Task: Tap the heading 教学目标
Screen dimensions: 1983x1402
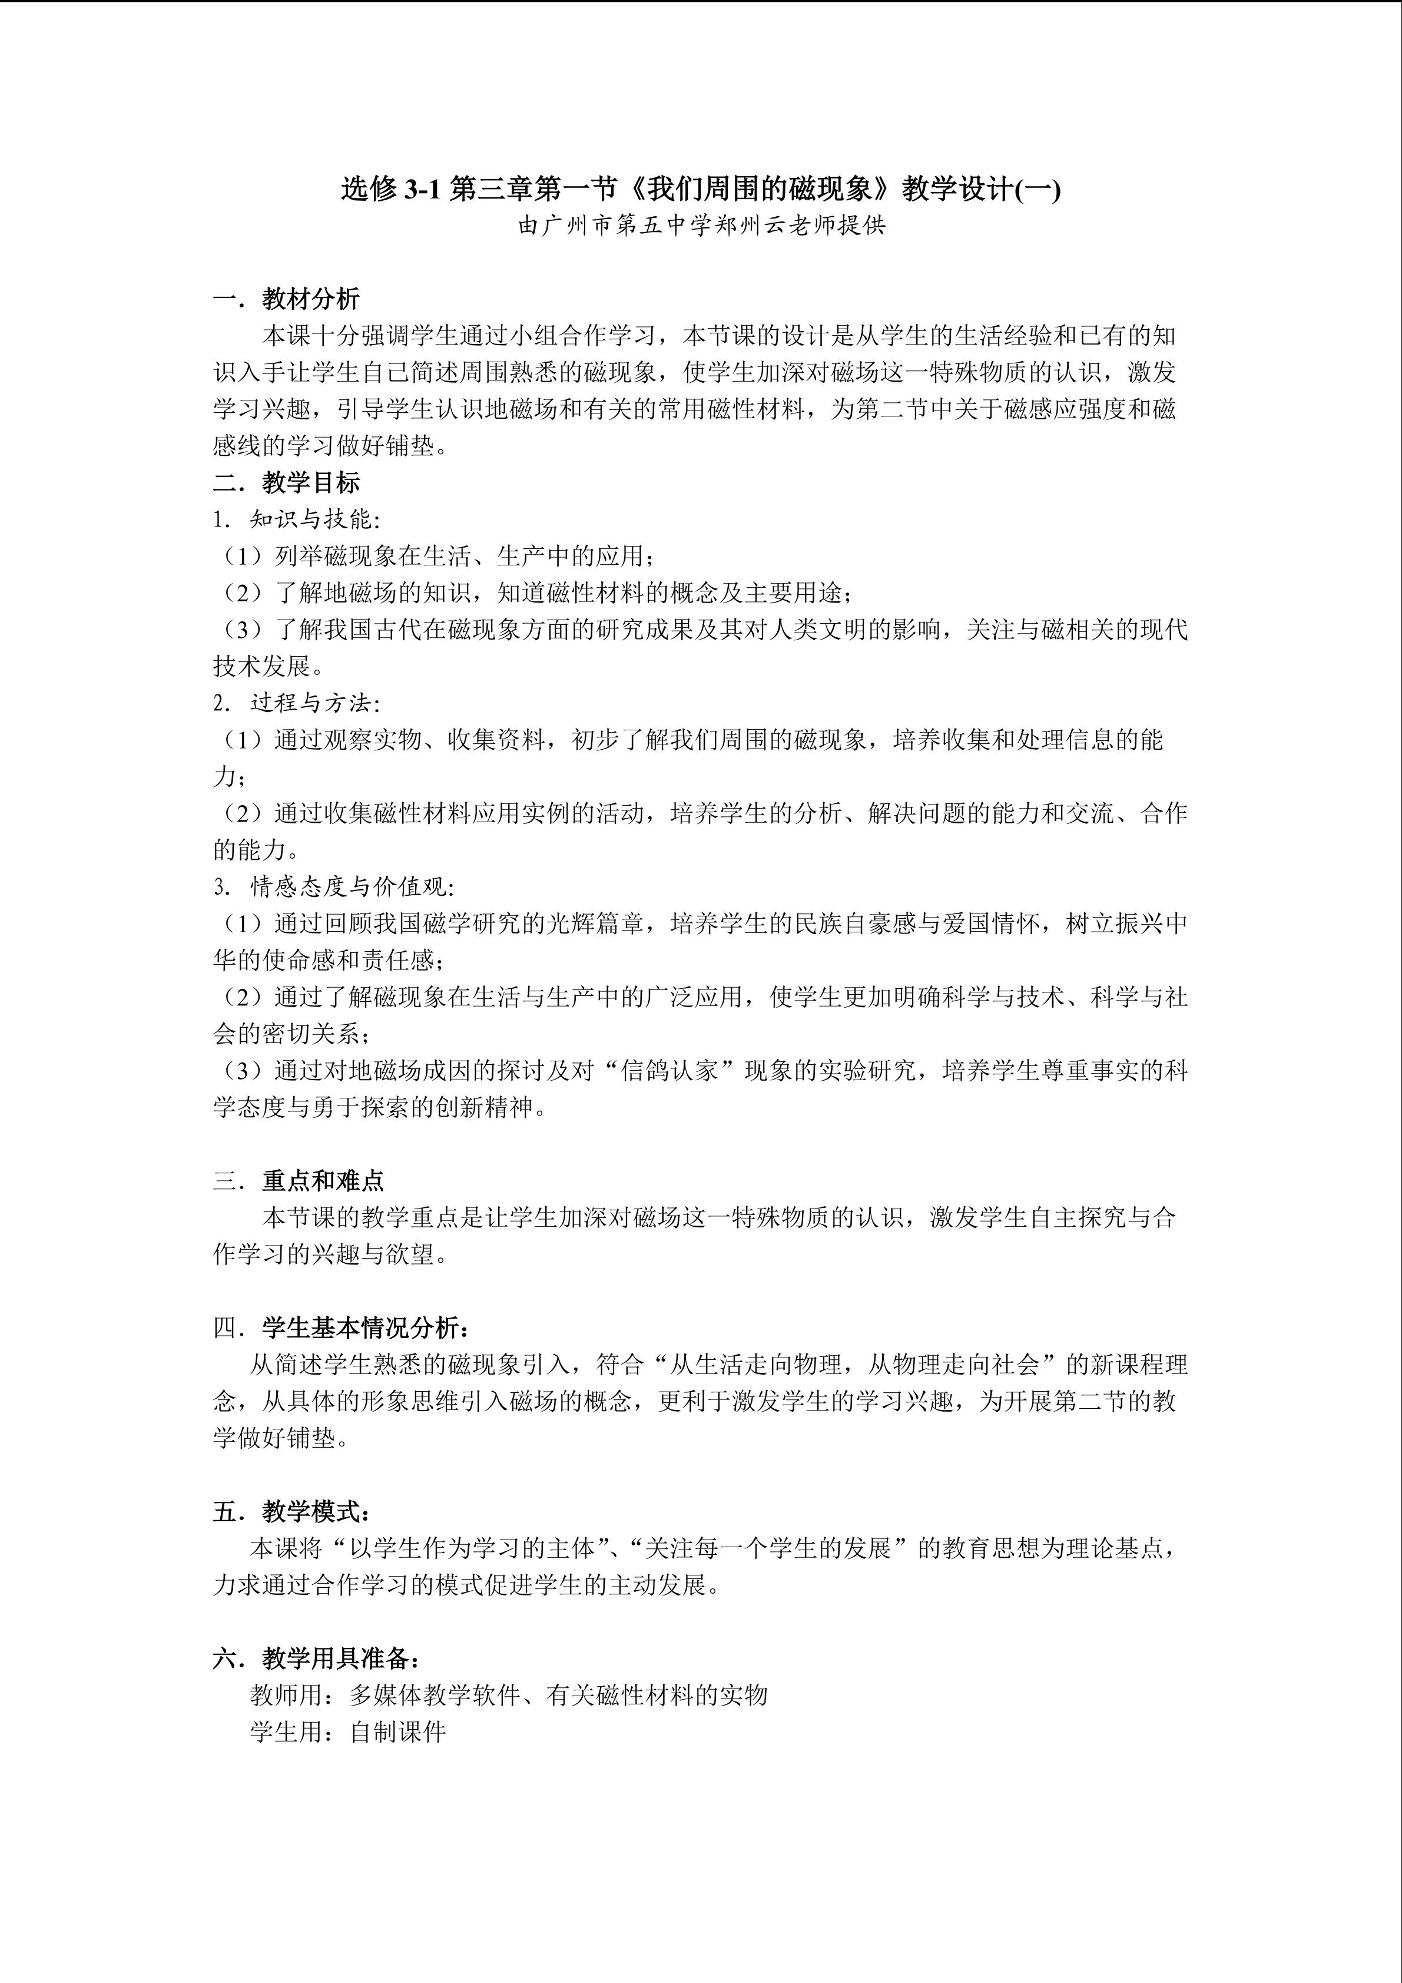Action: click(311, 483)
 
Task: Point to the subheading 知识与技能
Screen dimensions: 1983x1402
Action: click(311, 519)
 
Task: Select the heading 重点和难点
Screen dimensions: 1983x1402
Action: click(323, 1181)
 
